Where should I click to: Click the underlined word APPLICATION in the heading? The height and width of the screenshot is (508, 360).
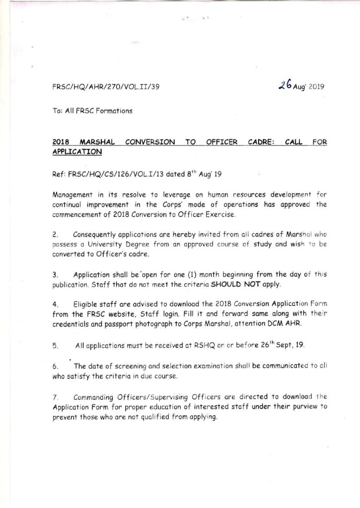[x=77, y=151]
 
